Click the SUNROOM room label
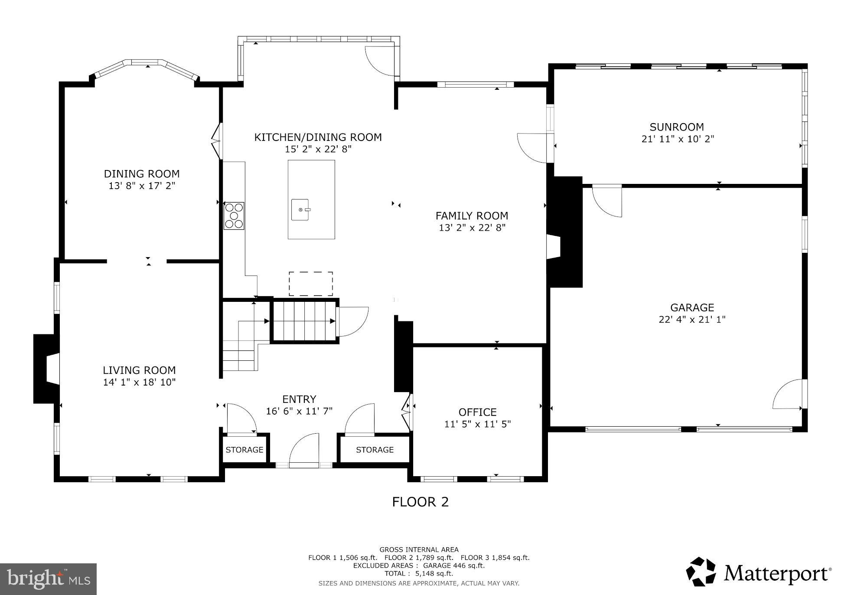click(676, 127)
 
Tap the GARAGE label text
click(692, 307)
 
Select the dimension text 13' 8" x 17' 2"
click(142, 186)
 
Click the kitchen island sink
click(300, 210)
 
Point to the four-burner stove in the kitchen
click(234, 216)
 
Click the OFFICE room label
click(477, 412)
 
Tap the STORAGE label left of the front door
click(244, 450)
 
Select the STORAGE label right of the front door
click(375, 450)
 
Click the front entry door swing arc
click(303, 449)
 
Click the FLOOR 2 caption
click(420, 502)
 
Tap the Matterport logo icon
click(701, 572)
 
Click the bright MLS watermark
click(48, 579)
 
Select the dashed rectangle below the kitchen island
click(311, 284)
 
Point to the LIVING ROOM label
click(139, 370)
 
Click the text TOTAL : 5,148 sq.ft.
click(418, 573)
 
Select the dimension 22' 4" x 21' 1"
click(692, 320)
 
